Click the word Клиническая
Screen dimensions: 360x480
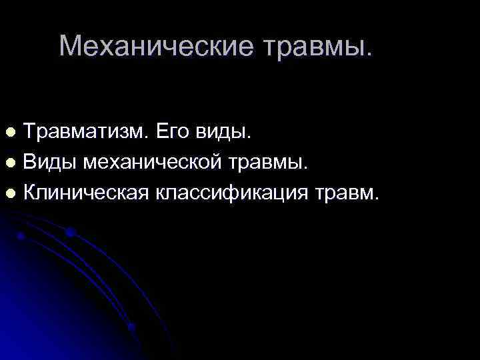[87, 193]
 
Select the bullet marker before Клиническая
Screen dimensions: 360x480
[10, 194]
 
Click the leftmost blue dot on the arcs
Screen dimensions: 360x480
[21, 236]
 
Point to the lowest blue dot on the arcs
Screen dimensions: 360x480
[131, 327]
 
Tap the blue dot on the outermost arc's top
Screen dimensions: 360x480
[70, 233]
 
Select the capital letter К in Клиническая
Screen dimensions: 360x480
[31, 193]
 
